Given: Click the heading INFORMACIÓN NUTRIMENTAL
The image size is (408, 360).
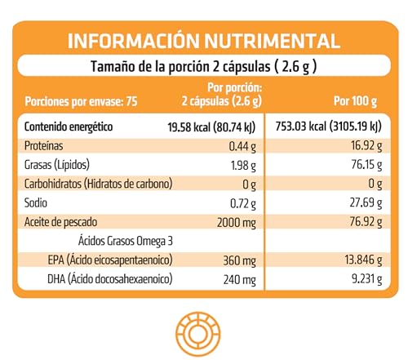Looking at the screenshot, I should point(204,41).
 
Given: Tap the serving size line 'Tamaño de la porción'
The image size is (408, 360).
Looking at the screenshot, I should point(203,67).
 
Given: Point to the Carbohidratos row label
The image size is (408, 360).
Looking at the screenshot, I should point(98,183).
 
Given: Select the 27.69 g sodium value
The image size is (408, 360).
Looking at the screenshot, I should point(365,202).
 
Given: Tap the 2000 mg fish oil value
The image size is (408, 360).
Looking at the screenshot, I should point(238,220).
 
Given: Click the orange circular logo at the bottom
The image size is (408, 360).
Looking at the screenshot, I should point(204,332).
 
